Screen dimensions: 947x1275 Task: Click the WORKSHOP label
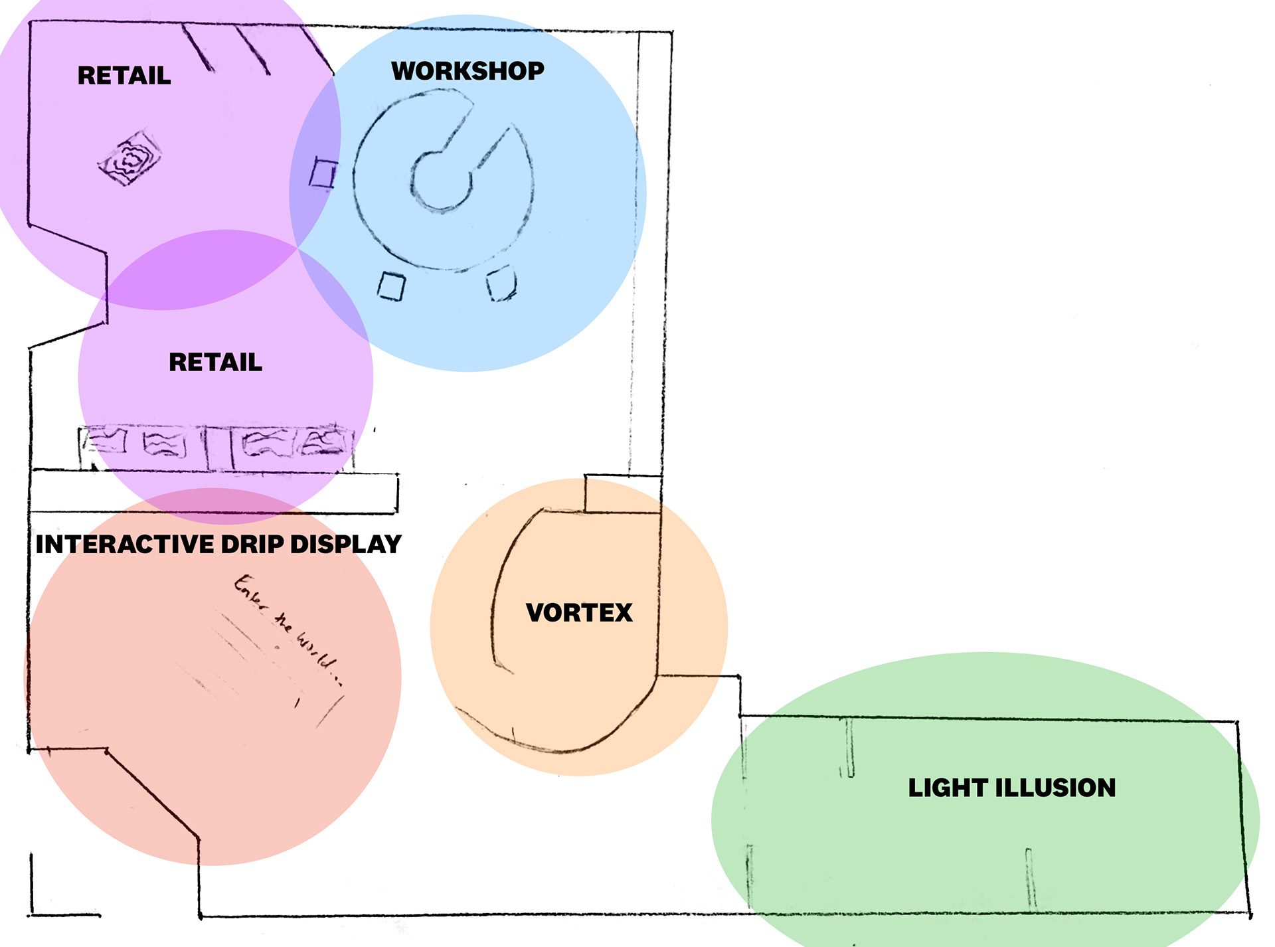tap(467, 71)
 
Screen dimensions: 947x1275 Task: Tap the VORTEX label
tap(579, 612)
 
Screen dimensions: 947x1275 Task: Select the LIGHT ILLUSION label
tap(1011, 788)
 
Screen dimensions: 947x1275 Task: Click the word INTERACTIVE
tap(124, 545)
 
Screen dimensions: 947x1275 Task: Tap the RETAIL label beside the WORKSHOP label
tap(124, 76)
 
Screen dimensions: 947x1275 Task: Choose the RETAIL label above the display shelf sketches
tap(215, 363)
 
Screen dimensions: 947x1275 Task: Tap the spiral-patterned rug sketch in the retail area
tap(129, 158)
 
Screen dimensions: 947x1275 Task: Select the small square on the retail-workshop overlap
tap(323, 173)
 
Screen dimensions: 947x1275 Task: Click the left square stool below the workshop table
tap(391, 287)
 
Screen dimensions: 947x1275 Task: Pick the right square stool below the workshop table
tap(501, 284)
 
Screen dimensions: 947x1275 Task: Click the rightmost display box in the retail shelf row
tap(324, 440)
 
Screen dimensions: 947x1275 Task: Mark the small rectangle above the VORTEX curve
tap(622, 493)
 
